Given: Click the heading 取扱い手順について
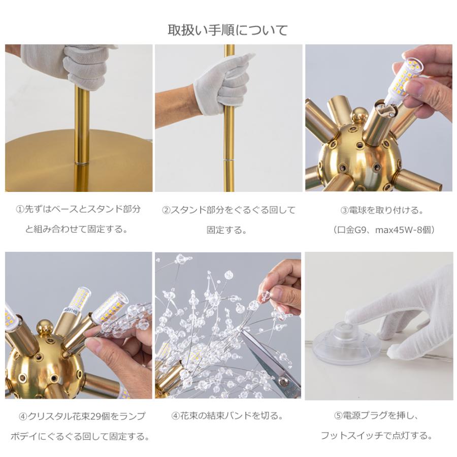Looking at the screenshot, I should (228, 29).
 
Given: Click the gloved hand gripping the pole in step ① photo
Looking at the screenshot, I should (86, 63).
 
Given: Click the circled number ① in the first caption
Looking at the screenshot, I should (20, 210).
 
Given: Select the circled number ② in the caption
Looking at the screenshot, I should (166, 210).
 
